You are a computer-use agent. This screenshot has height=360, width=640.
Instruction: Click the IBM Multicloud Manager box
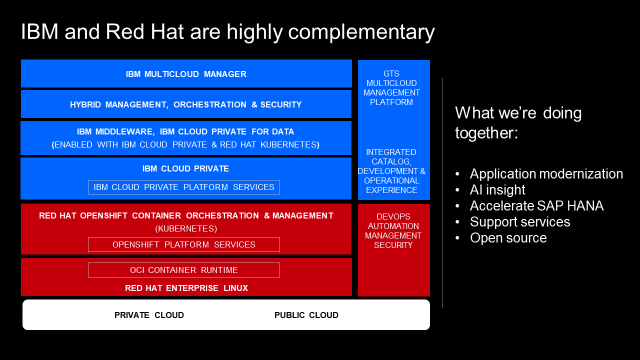pyautogui.click(x=186, y=73)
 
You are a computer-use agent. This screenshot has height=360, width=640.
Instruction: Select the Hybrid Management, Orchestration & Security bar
pyautogui.click(x=186, y=104)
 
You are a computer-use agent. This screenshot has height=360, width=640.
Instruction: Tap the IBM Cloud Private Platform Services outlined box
pyautogui.click(x=184, y=187)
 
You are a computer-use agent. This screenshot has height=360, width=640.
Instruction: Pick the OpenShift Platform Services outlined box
pyautogui.click(x=184, y=244)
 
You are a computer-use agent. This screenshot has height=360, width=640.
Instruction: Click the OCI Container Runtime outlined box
pyautogui.click(x=184, y=270)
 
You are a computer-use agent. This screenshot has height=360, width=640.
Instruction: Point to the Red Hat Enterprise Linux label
pyautogui.click(x=186, y=288)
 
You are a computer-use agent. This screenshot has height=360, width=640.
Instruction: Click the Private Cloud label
pyautogui.click(x=149, y=315)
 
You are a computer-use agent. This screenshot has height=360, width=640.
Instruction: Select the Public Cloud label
pyautogui.click(x=306, y=315)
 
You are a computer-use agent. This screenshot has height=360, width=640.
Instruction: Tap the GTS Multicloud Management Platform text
pyautogui.click(x=391, y=88)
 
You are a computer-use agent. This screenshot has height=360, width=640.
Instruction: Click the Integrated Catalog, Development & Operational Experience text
pyautogui.click(x=391, y=171)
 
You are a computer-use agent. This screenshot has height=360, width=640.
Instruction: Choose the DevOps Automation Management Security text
pyautogui.click(x=393, y=231)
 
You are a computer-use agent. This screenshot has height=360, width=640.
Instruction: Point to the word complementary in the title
pyautogui.click(x=361, y=33)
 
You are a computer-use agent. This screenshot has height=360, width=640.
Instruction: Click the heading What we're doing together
pyautogui.click(x=518, y=123)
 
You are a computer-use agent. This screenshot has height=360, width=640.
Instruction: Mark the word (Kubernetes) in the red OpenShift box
pyautogui.click(x=186, y=229)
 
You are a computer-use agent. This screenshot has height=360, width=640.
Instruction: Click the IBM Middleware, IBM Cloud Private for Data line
pyautogui.click(x=185, y=132)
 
